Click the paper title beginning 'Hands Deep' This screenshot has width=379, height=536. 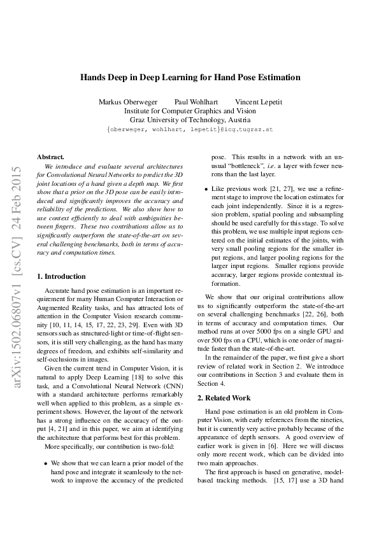(x=190, y=78)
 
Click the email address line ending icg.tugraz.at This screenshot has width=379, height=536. (x=190, y=129)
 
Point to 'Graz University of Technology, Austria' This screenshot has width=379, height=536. (x=190, y=119)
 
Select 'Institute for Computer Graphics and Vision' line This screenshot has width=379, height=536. (x=190, y=110)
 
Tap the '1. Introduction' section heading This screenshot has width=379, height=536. (x=61, y=276)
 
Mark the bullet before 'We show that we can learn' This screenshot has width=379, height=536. (x=45, y=463)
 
